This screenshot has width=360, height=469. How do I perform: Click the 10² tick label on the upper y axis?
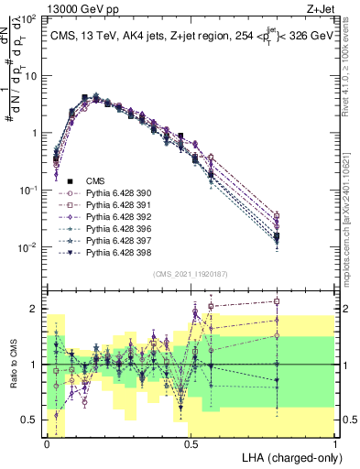pyautogui.click(x=28, y=18)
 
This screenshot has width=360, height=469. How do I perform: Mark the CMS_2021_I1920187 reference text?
pyautogui.click(x=191, y=274)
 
